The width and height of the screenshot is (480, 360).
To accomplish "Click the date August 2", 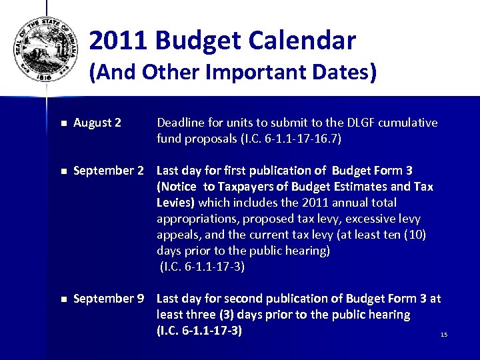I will pos(97,123).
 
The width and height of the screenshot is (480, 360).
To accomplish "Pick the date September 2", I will pos(108,171).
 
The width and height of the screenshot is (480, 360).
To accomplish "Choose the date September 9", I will pos(108,299).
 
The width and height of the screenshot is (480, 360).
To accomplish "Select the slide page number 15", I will pos(444,334).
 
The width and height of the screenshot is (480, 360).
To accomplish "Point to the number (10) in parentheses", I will pos(415,235).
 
